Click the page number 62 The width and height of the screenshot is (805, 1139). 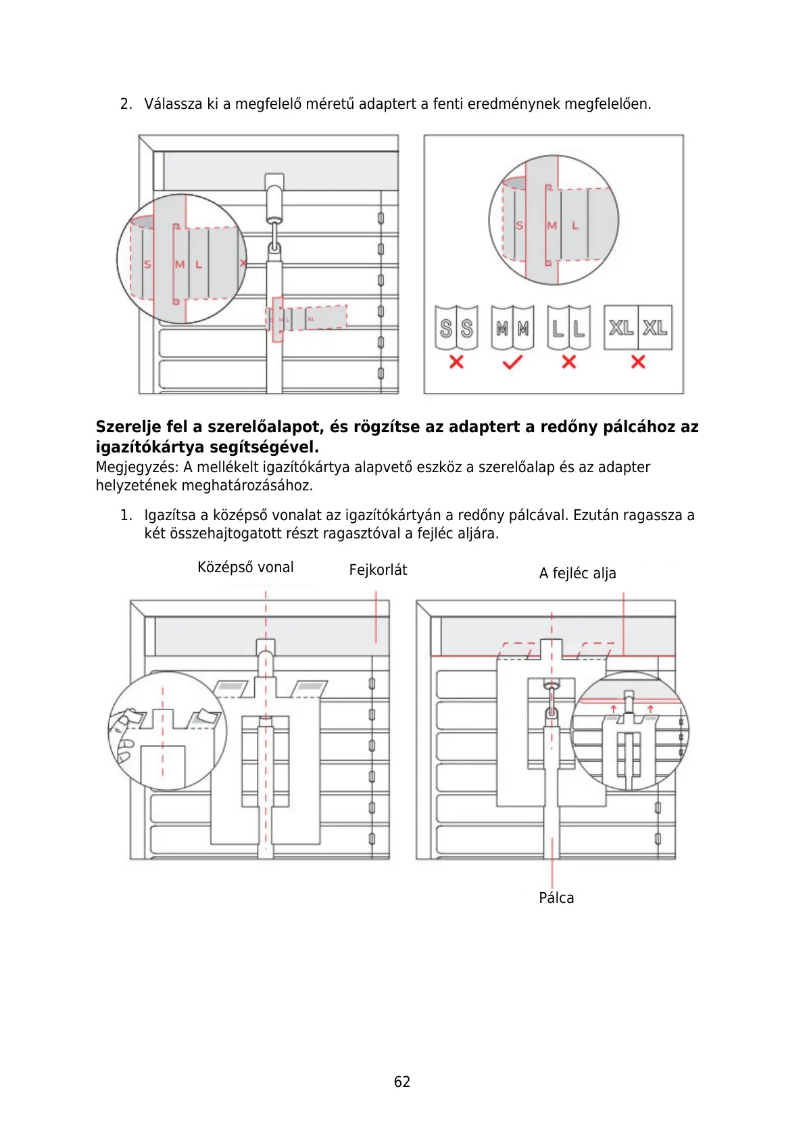pyautogui.click(x=401, y=1082)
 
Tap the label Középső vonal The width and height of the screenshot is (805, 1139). pyautogui.click(x=245, y=567)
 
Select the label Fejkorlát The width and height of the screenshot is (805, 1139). pyautogui.click(x=378, y=570)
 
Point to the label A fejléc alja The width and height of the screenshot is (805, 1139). pyautogui.click(x=577, y=574)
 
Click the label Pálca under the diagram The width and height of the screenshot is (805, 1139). pyautogui.click(x=556, y=898)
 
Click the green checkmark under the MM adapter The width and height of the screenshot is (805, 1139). pyautogui.click(x=512, y=363)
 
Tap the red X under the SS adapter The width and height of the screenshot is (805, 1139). pyautogui.click(x=456, y=362)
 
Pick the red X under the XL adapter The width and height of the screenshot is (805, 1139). pyautogui.click(x=638, y=362)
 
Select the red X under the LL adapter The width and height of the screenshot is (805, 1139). pyautogui.click(x=569, y=362)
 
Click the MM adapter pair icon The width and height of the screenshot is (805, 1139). pyautogui.click(x=512, y=328)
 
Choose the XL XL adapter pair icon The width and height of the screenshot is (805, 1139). pyautogui.click(x=638, y=328)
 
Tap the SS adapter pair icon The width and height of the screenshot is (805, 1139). pyautogui.click(x=456, y=328)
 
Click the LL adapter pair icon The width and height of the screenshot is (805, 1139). pyautogui.click(x=569, y=328)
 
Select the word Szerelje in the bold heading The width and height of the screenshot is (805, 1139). pyautogui.click(x=129, y=427)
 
